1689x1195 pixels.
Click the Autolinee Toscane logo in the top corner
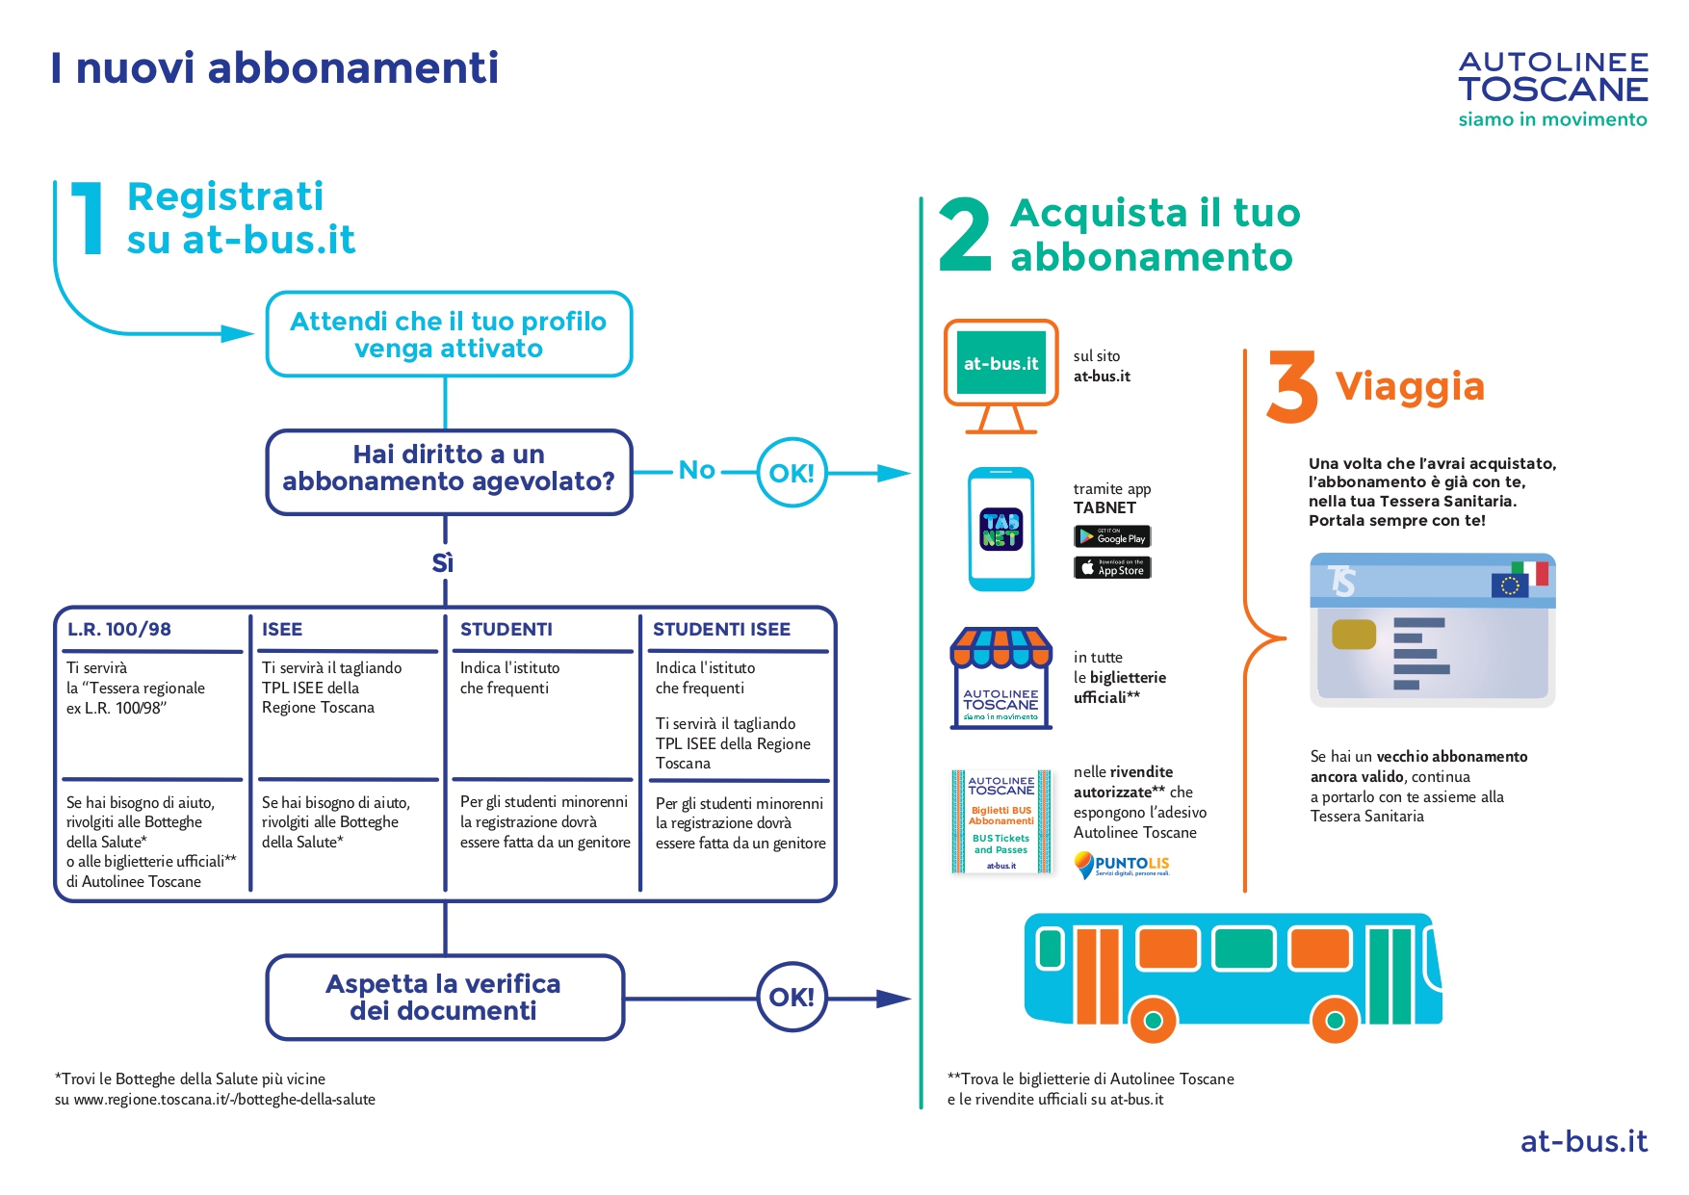tap(1552, 90)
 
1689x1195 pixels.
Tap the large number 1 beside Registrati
tap(89, 220)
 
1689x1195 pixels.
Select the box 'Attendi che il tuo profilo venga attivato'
tap(449, 334)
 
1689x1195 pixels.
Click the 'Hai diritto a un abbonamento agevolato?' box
tap(449, 471)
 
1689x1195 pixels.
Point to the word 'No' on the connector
tap(696, 470)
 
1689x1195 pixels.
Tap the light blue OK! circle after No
tap(792, 473)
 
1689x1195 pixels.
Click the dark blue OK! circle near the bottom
tap(792, 997)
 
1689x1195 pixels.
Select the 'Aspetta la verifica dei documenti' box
tap(445, 997)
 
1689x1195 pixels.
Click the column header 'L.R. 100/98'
tap(119, 629)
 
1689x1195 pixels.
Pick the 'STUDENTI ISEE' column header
tap(721, 629)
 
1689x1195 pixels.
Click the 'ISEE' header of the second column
tap(282, 629)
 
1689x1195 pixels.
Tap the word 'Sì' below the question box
tap(443, 562)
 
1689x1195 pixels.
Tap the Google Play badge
tap(1112, 536)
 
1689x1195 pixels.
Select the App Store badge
tap(1112, 568)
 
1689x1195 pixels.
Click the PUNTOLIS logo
tap(1122, 864)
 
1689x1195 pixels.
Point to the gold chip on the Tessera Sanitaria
tap(1353, 635)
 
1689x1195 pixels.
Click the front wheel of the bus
tap(1335, 1020)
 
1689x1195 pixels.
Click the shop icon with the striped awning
tap(1000, 678)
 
